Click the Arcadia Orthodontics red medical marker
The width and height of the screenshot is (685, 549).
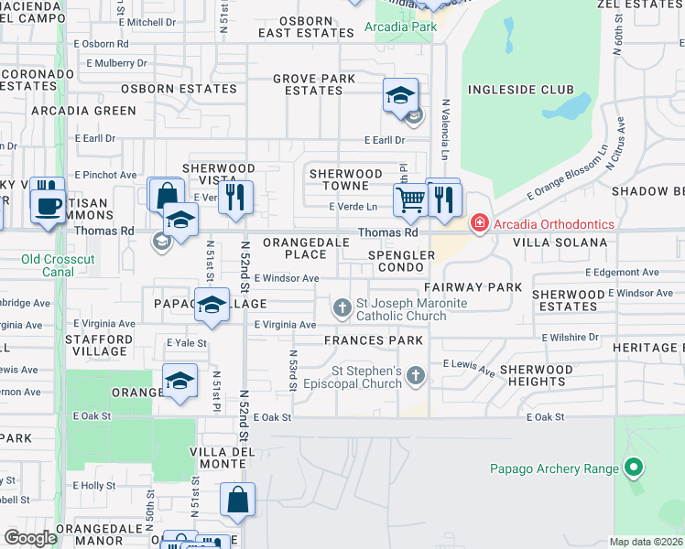tap(478, 223)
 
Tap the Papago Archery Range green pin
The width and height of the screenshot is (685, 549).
tap(633, 468)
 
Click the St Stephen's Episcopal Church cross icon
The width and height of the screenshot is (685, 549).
tap(416, 374)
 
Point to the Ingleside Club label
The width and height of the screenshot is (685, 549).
tap(521, 90)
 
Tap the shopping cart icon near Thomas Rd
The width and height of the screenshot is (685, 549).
tap(411, 199)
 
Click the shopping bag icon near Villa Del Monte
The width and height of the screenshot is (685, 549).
tap(237, 500)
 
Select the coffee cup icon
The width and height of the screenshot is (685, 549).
tap(48, 205)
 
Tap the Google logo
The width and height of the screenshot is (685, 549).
tap(30, 538)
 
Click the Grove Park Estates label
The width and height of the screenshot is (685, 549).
tap(313, 85)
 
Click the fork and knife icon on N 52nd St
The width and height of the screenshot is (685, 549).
tap(236, 198)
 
